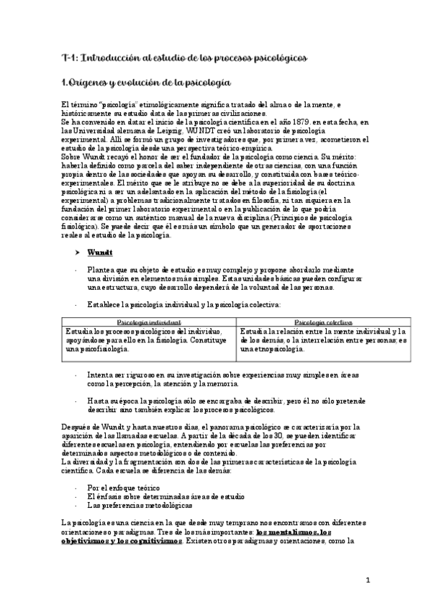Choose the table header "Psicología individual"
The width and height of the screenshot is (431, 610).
(x=149, y=322)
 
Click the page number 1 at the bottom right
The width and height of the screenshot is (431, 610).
(x=368, y=580)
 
